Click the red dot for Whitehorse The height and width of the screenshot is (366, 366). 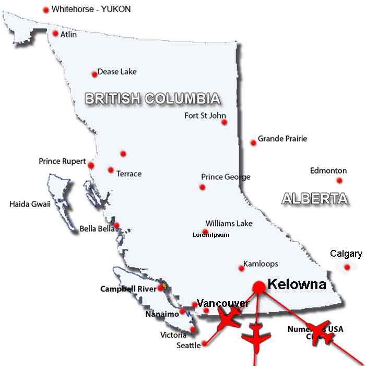46,10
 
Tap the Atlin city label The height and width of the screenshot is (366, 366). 68,35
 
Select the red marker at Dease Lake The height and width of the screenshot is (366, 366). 95,74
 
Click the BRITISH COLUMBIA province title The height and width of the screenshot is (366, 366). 152,98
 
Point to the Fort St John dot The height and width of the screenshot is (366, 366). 224,122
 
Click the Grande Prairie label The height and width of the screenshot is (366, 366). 282,139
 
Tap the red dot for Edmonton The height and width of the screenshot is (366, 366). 339,180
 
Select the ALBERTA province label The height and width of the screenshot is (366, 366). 314,199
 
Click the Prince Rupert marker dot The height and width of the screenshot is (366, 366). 91,165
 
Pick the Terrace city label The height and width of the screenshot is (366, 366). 128,174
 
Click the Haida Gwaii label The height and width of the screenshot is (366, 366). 30,204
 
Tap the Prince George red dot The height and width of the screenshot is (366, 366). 202,187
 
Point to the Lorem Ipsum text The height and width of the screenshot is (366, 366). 211,235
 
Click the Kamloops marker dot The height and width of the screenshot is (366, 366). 241,268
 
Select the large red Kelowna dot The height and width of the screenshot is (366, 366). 258,287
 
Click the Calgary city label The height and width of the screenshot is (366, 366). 346,254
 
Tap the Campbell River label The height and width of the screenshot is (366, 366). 128,289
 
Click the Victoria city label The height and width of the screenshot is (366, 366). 173,335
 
